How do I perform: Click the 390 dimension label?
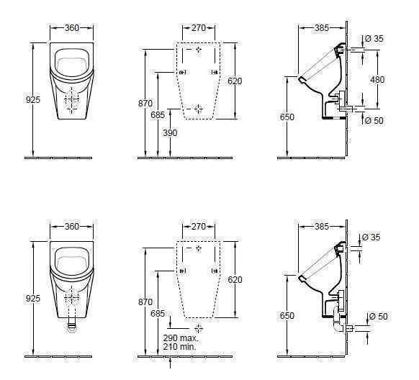(x=169, y=133)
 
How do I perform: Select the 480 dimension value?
(x=377, y=80)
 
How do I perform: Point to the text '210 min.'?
(x=179, y=346)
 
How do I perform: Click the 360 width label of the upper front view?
(x=72, y=28)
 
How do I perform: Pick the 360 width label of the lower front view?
(x=72, y=227)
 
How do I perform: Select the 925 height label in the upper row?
(x=32, y=100)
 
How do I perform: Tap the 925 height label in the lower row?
(x=32, y=297)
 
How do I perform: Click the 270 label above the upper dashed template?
(x=199, y=28)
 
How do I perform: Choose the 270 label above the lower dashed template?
(x=199, y=227)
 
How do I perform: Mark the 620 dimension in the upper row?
(x=235, y=81)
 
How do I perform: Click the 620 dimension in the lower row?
(x=235, y=279)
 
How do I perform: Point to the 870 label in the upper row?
(x=145, y=104)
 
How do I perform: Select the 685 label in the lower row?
(x=158, y=314)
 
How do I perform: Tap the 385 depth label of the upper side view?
(x=321, y=28)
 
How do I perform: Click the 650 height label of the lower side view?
(x=287, y=315)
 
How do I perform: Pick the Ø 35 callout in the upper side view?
(x=374, y=38)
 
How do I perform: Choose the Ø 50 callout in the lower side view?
(x=378, y=316)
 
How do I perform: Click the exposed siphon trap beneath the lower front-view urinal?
(x=71, y=326)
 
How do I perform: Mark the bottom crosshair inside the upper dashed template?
(x=199, y=109)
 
